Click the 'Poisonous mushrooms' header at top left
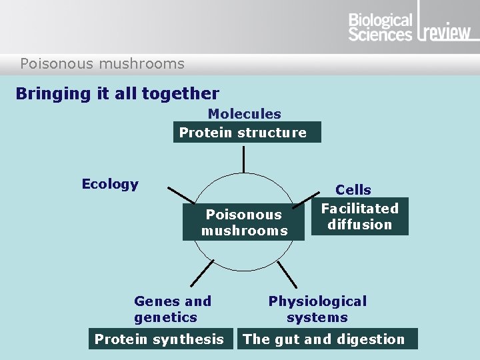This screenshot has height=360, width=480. [x=102, y=64]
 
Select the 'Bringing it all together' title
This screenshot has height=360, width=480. [x=117, y=93]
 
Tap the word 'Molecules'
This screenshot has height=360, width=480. [x=244, y=114]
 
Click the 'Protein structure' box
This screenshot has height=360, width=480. [x=247, y=132]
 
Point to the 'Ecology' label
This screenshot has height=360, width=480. [x=110, y=184]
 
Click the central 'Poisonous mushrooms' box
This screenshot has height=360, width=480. [x=244, y=223]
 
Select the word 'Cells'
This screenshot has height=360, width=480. [x=353, y=190]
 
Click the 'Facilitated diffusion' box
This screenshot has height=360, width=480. [x=360, y=217]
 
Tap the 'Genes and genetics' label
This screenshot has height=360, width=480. [x=172, y=309]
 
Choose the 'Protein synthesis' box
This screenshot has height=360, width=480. [x=159, y=339]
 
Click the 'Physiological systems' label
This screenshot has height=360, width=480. [x=317, y=309]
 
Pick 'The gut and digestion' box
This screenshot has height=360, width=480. [x=327, y=339]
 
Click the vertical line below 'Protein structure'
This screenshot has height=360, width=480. [x=244, y=159]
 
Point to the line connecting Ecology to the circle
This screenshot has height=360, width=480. [x=181, y=195]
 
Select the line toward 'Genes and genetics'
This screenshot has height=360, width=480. [x=202, y=275]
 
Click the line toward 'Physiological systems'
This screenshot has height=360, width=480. [x=287, y=275]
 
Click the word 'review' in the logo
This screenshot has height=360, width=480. [x=447, y=31]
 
